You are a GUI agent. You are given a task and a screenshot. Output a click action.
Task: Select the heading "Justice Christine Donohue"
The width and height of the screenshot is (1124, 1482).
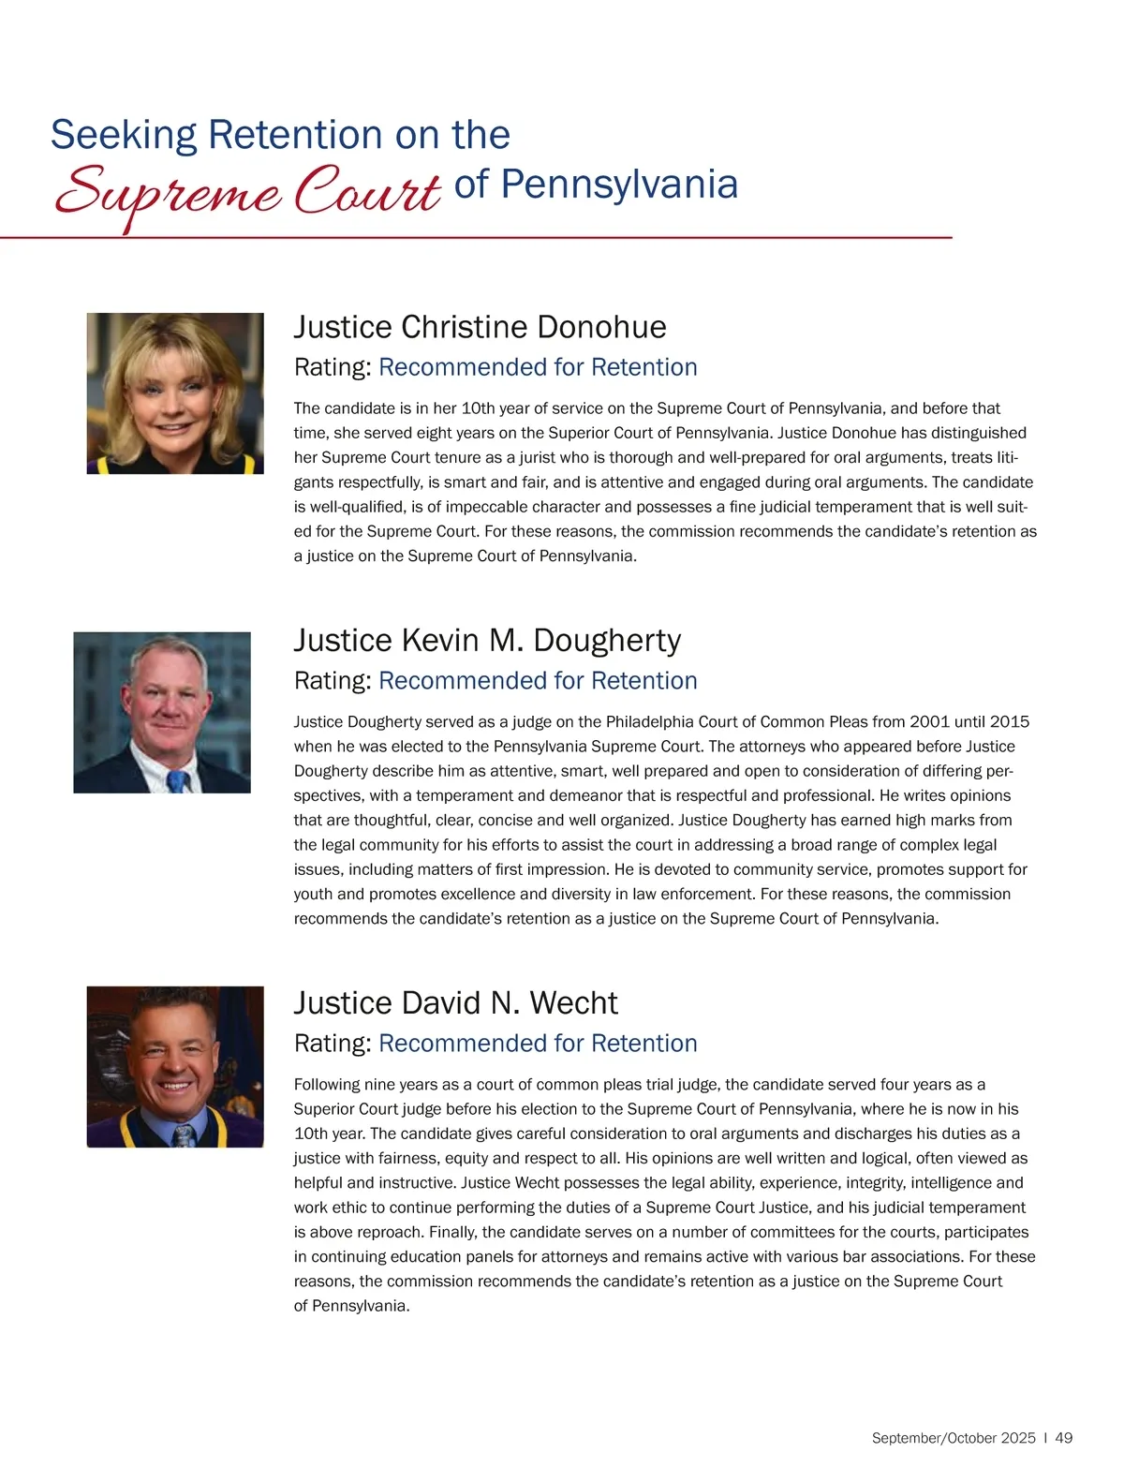pyautogui.click(x=480, y=327)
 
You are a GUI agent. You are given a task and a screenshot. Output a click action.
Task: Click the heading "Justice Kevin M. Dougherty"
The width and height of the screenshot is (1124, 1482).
pyautogui.click(x=487, y=640)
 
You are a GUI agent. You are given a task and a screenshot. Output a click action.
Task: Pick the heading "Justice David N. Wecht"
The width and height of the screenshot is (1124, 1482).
pyautogui.click(x=455, y=1002)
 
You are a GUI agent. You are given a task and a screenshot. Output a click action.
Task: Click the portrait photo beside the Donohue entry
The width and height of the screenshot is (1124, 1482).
pyautogui.click(x=175, y=393)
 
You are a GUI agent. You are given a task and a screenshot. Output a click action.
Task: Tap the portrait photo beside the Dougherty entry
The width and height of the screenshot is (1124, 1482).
pyautogui.click(x=162, y=712)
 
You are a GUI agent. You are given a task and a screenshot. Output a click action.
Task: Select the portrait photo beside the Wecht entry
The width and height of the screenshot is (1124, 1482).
pyautogui.click(x=175, y=1066)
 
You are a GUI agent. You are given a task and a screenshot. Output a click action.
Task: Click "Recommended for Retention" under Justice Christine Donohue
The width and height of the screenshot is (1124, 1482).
pyautogui.click(x=538, y=367)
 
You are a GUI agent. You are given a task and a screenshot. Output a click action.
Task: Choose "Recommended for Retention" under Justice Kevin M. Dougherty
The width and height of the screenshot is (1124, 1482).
pyautogui.click(x=538, y=681)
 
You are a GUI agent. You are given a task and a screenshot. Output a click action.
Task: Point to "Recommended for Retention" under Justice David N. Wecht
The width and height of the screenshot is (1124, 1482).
pyautogui.click(x=538, y=1044)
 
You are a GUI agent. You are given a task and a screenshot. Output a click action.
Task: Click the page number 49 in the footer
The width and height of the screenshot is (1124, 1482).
pyautogui.click(x=1064, y=1438)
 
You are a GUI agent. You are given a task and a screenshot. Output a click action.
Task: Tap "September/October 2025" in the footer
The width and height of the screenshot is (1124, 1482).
pyautogui.click(x=954, y=1438)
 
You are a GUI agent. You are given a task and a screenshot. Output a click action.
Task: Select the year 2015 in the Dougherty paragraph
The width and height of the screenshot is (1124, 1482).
pyautogui.click(x=1009, y=722)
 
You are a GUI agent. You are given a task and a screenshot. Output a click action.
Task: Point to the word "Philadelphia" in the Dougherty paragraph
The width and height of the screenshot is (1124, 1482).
pyautogui.click(x=651, y=722)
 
